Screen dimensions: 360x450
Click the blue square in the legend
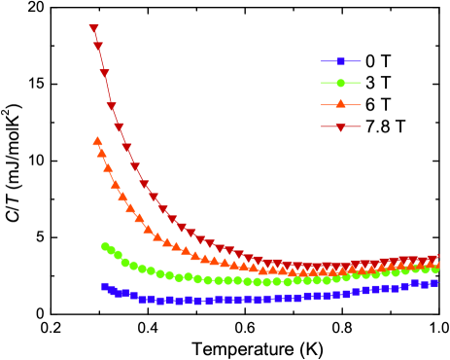pos(341,61)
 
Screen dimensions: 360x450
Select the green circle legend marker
pos(341,83)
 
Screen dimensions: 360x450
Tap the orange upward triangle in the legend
pos(341,104)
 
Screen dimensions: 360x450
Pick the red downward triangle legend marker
pos(341,127)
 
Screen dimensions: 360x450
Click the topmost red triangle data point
pos(94,29)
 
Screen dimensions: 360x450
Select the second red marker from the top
pos(98,47)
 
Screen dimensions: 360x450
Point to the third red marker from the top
pos(104,74)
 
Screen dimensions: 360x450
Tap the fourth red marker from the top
pos(112,106)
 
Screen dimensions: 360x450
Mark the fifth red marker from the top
pos(119,127)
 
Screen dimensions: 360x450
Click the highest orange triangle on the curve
pos(97,141)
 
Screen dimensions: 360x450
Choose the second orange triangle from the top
pos(102,153)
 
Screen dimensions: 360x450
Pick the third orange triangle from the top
pos(108,167)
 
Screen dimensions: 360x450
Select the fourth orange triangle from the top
pos(115,183)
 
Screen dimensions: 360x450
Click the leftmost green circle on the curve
pos(105,246)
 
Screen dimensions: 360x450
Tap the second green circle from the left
pos(111,250)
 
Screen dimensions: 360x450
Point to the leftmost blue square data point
pos(105,286)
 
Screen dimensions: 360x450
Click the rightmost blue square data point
pos(434,283)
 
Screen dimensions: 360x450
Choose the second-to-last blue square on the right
pos(425,285)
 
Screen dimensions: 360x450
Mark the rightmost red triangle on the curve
pos(435,258)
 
